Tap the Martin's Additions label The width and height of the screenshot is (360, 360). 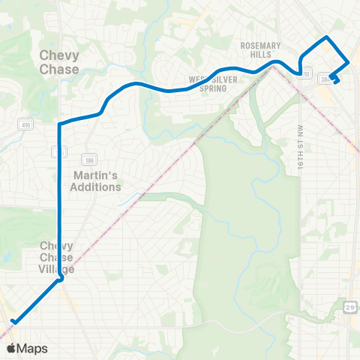point(95,181)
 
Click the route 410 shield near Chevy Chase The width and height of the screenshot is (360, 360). point(25,124)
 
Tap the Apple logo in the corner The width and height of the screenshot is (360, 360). point(12,348)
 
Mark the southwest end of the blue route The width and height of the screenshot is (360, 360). point(13,322)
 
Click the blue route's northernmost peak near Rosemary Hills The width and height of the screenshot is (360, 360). point(326,37)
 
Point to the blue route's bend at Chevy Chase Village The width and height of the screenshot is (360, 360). point(60,280)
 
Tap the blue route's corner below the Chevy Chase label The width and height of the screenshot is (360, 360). point(59,123)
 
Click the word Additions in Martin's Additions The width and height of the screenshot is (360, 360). point(95,187)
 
